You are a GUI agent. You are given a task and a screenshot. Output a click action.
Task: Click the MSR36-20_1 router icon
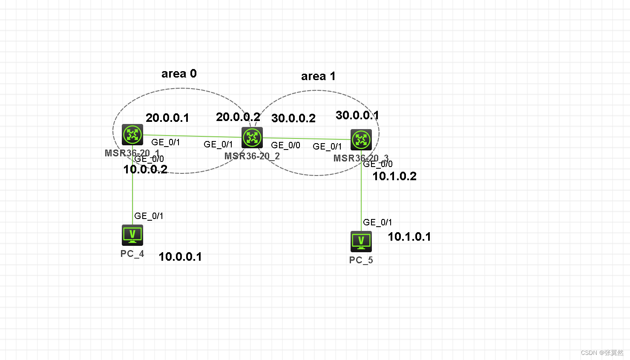coord(132,135)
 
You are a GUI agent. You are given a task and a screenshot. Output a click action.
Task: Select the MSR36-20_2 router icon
coord(252,138)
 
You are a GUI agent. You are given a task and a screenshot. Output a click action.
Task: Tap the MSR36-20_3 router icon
coord(361,140)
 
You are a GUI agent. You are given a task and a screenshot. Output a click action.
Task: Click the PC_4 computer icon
coord(132,235)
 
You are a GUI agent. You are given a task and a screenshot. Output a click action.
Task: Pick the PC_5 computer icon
coord(361,241)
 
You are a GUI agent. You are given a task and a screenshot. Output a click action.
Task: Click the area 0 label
coord(179,74)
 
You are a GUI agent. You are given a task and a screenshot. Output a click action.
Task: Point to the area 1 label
coord(318,76)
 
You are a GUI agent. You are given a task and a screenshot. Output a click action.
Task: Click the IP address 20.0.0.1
coord(167,118)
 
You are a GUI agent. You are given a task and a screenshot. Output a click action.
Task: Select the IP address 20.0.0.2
coord(238,117)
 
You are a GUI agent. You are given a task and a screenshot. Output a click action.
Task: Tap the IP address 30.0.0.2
coord(293,118)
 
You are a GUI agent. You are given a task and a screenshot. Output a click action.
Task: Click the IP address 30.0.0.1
coord(357,115)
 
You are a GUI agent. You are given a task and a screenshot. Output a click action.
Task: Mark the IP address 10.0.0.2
coord(145,170)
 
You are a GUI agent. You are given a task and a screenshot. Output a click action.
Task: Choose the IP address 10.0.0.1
coord(180,257)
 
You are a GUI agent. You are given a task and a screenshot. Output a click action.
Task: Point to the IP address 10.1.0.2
coord(394,176)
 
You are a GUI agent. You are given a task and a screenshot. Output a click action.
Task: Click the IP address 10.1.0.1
coord(409,237)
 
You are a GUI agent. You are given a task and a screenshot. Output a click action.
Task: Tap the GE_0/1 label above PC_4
coord(149,216)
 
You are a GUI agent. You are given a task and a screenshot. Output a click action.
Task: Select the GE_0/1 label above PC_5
coord(377,222)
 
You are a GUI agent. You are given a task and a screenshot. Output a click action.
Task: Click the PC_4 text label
coord(132,254)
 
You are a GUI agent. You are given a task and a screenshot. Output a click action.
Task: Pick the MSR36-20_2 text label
coord(252,156)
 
